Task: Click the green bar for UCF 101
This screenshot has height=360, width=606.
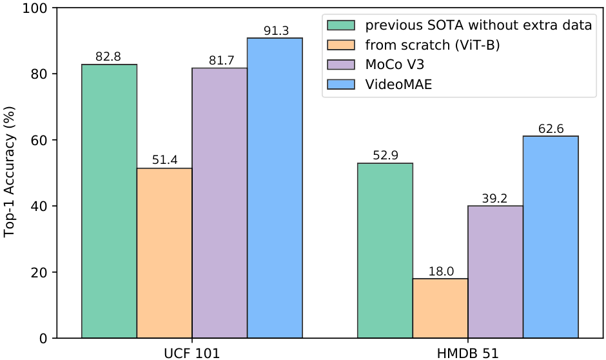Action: (x=109, y=201)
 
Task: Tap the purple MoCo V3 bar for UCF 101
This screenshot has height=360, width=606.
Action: (x=219, y=203)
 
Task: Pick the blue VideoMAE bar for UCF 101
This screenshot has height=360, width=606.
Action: (x=275, y=188)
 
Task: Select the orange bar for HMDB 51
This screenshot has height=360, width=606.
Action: (x=440, y=308)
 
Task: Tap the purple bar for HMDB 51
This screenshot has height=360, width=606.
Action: (x=495, y=272)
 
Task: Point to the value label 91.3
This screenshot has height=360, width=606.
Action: (x=275, y=30)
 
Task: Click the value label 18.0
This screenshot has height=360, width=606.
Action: (x=440, y=271)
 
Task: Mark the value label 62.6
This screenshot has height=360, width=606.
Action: (x=551, y=128)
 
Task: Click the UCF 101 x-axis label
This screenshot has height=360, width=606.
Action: (x=191, y=353)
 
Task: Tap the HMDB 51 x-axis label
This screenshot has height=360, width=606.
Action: (x=467, y=353)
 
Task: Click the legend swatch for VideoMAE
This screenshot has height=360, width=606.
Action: (x=342, y=84)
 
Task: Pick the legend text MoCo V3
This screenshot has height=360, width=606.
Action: (x=395, y=65)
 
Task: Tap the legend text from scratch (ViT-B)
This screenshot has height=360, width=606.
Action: (x=431, y=45)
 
